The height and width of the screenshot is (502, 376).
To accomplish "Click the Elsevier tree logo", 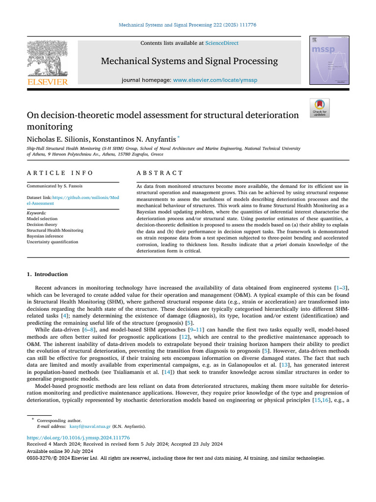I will coord(47,58).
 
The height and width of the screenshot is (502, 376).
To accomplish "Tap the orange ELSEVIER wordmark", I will coord(47,82).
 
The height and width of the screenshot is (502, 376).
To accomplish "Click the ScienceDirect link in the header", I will coord(222,43).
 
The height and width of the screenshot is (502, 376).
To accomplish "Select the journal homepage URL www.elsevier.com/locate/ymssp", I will coord(215,80).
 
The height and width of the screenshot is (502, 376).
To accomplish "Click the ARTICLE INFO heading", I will coord(60,173).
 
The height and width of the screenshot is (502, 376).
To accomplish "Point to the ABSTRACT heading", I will coord(160,173).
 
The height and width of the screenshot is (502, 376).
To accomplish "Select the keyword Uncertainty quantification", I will coord(52,242).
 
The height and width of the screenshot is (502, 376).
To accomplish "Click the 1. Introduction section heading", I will coord(47,274).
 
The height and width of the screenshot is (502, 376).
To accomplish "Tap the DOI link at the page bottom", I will coord(78,437).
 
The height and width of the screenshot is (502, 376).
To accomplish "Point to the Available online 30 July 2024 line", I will coord(60,451).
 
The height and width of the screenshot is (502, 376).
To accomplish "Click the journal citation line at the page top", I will coord(188,25).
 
